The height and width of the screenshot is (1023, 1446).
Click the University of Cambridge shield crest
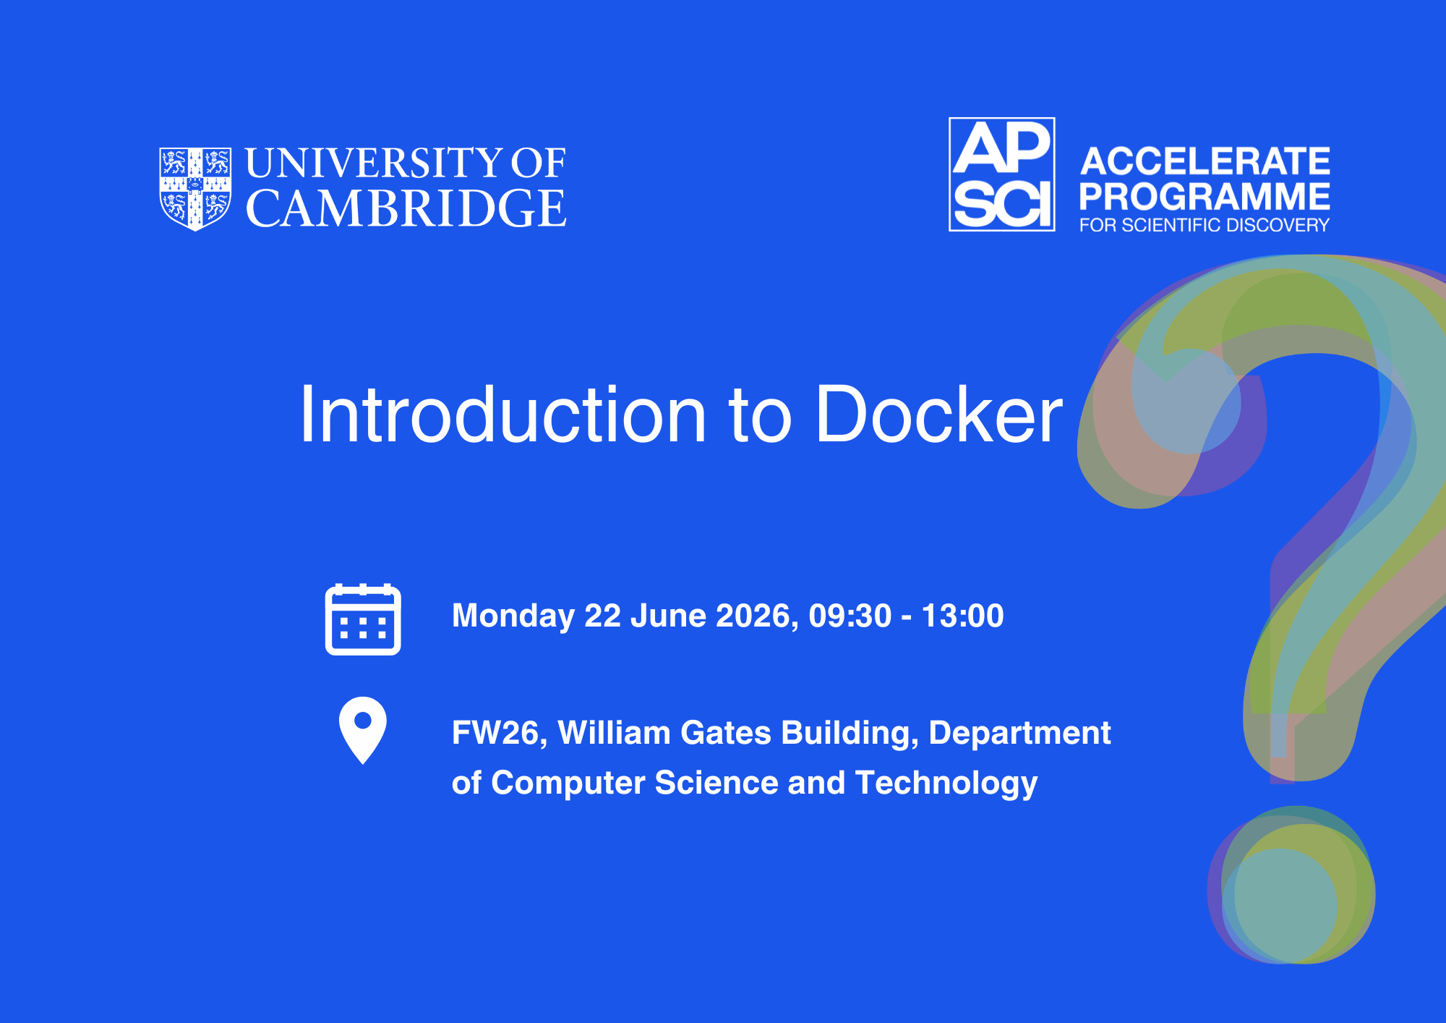195,190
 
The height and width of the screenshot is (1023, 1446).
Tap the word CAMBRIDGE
406,209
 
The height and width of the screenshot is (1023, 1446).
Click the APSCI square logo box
1001,174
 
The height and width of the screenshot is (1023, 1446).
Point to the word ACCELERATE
1205,161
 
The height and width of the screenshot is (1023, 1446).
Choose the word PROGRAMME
1205,196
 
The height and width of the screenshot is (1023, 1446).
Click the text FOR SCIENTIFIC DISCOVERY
1205,225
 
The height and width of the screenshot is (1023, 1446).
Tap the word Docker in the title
939,415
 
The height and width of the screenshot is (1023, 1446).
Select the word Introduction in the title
502,415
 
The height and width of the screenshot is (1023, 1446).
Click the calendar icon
363,619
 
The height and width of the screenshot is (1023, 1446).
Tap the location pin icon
363,730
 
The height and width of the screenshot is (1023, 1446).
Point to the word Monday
513,616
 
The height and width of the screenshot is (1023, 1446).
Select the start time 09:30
850,616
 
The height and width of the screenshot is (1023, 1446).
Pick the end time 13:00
963,616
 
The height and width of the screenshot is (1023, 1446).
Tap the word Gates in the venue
726,733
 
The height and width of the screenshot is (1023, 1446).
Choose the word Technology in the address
946,784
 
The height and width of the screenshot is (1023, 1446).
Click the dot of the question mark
1291,885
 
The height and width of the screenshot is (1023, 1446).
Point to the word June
668,616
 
